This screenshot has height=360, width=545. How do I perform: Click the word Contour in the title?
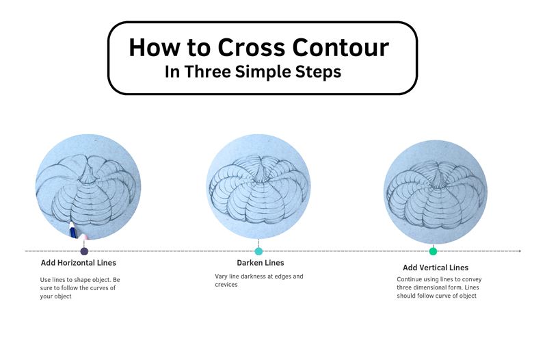tap(341, 47)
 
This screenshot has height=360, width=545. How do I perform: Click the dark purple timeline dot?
tap(84, 251)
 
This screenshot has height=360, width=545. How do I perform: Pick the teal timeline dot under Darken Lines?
tap(258, 251)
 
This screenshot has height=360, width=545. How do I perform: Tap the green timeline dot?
tap(433, 251)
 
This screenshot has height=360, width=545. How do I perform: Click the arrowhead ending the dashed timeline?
tap(520, 250)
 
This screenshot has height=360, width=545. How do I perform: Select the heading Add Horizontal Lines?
tap(79, 263)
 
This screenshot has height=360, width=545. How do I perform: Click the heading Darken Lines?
tap(261, 263)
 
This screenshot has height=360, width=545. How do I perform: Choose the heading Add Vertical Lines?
tap(436, 268)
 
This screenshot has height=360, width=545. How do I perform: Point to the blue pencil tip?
tap(71, 224)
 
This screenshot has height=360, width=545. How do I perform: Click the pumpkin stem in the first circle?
tap(90, 175)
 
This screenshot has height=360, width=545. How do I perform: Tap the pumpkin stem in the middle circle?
tap(260, 173)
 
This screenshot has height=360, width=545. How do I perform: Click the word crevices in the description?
tap(226, 285)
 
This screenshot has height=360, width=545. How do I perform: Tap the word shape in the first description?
tap(80, 280)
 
